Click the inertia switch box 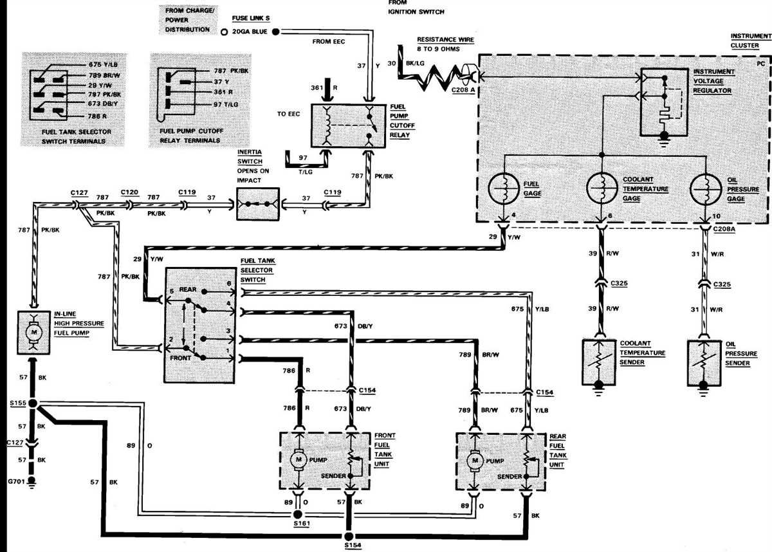pos(257,205)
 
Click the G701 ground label pos(14,481)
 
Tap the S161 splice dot pos(297,515)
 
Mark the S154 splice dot pos(348,536)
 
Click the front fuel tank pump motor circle pos(298,459)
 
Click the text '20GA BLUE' pos(250,32)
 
